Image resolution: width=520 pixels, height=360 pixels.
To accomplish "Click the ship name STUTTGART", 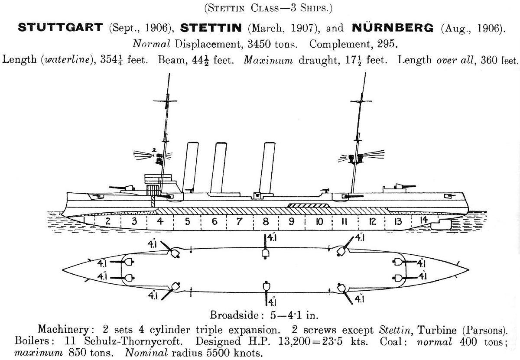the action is click(60, 28).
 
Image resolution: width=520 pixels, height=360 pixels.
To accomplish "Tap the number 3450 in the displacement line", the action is click(259, 44).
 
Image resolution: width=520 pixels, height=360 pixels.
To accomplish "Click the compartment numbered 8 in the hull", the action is click(266, 222).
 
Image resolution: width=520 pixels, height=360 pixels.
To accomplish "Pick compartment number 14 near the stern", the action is click(424, 220).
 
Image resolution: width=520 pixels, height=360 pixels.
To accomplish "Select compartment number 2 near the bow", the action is click(108, 221).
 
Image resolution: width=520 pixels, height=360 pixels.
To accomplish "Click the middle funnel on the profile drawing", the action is click(218, 168).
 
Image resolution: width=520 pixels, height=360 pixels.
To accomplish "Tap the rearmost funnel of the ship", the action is click(267, 168).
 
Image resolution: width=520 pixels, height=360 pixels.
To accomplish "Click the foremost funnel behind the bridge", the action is click(191, 167).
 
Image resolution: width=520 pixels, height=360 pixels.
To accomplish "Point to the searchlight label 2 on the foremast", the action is click(154, 150).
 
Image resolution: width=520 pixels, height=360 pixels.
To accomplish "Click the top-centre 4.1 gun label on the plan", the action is click(272, 237).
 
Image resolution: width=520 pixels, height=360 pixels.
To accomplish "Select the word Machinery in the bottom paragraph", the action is click(63, 330).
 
